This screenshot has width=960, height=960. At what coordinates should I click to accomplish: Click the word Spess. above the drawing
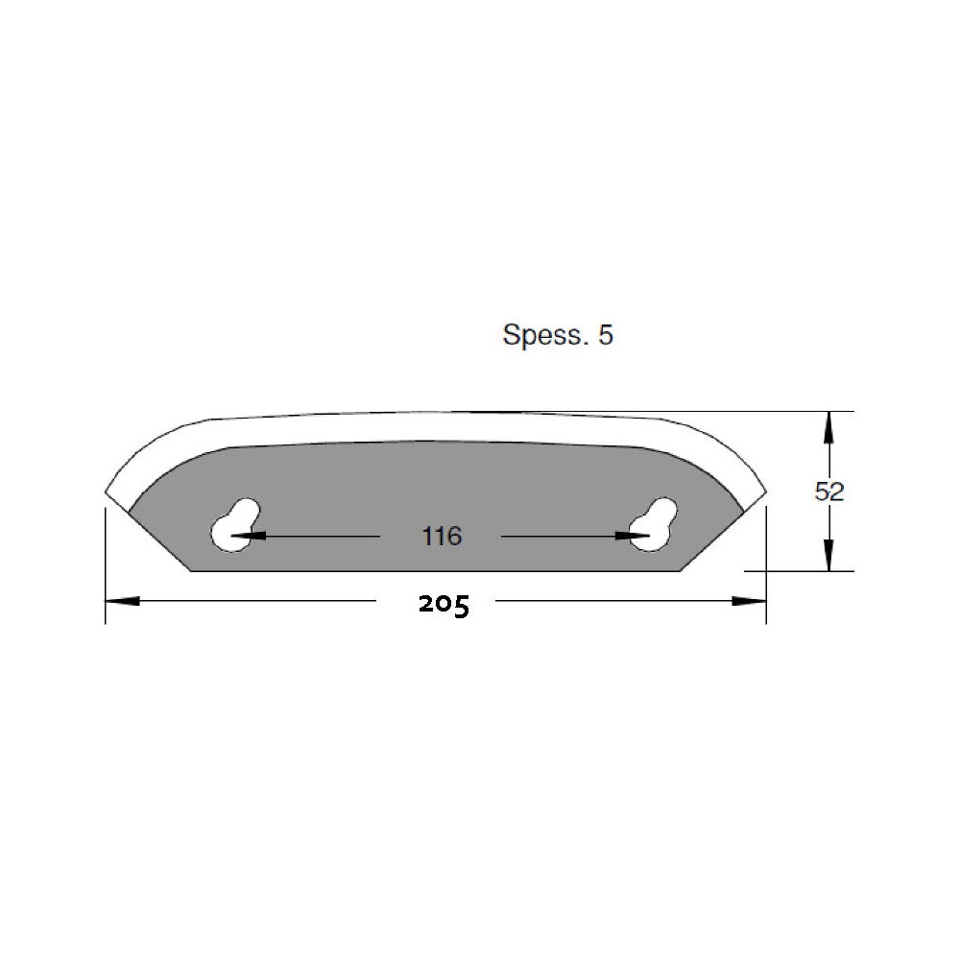543,335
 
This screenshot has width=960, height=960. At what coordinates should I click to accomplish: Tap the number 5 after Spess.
606,335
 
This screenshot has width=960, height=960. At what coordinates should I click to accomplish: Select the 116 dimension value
442,537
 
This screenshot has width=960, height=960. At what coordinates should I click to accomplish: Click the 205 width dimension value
444,605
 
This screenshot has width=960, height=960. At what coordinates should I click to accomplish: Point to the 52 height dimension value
829,491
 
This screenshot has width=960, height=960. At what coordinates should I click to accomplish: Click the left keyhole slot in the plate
234,525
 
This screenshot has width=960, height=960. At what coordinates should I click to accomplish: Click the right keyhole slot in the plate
654,524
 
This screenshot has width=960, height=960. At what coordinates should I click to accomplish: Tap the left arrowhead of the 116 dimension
249,536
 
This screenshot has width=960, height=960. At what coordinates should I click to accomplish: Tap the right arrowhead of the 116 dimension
633,536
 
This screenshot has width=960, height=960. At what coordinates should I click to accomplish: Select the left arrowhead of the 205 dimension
123,601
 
